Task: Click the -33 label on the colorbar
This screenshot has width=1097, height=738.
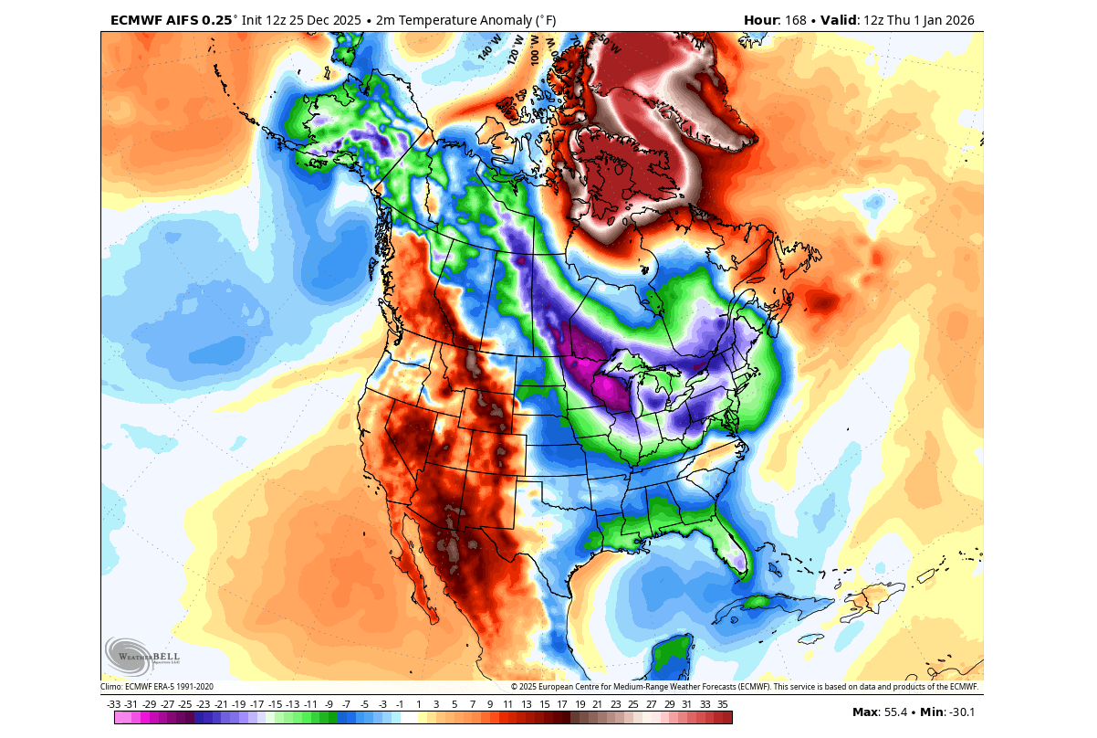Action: [x=114, y=704]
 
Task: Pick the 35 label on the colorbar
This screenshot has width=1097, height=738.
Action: [x=722, y=704]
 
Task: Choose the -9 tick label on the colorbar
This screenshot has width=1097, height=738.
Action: [x=329, y=704]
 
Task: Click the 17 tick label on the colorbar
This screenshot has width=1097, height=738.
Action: [x=561, y=704]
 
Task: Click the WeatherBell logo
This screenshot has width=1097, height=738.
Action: [x=142, y=656]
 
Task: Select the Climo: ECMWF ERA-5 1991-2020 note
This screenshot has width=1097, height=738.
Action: [x=157, y=687]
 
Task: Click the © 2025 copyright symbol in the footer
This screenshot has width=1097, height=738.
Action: [x=515, y=687]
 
